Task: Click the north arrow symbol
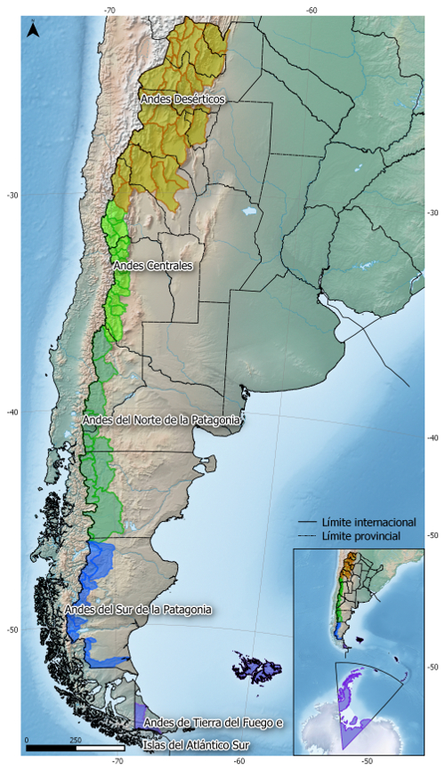(33, 30)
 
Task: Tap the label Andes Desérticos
(182, 100)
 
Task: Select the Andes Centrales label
(153, 265)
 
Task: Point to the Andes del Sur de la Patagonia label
(138, 610)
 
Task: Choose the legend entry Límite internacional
(360, 522)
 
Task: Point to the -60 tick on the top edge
(311, 10)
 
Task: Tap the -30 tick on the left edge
(12, 195)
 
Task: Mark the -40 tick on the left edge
(12, 413)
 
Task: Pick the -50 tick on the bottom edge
(367, 762)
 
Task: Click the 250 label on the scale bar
(76, 740)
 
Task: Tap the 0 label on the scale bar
(27, 740)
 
